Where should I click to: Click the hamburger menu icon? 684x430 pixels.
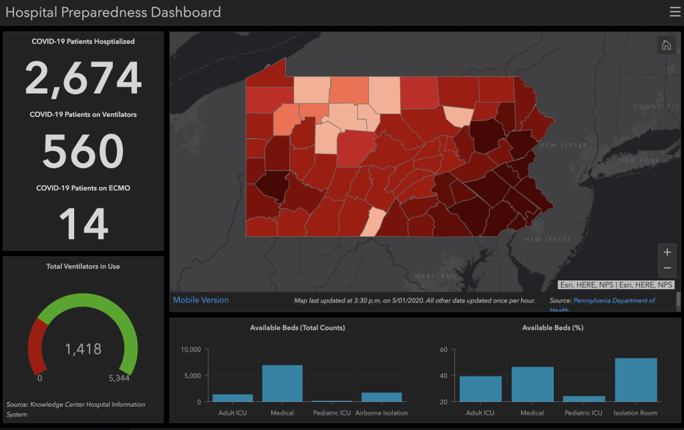point(675,12)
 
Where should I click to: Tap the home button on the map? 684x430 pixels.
point(666,45)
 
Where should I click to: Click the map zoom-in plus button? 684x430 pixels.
point(667,252)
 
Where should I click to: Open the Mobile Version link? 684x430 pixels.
point(200,300)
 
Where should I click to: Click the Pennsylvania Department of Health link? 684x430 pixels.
point(614,301)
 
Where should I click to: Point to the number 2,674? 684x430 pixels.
point(83,79)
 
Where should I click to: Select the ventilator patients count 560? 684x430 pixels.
point(83,151)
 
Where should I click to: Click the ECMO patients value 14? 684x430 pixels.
point(83,223)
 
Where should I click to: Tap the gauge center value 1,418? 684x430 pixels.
point(83,349)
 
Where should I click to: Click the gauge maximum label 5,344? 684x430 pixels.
point(119,378)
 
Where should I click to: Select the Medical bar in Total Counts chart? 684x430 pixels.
point(283,383)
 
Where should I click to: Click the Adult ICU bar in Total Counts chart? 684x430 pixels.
point(232,398)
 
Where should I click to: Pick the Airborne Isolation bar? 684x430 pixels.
point(381,397)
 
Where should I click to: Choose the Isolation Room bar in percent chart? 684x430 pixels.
point(636,380)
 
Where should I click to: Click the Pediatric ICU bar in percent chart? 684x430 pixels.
point(584,399)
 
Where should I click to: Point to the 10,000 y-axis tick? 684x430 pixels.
point(190,350)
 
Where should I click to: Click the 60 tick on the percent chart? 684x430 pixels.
point(444,350)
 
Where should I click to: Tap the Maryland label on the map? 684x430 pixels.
point(436,276)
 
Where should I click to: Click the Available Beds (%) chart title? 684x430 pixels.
point(552,328)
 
